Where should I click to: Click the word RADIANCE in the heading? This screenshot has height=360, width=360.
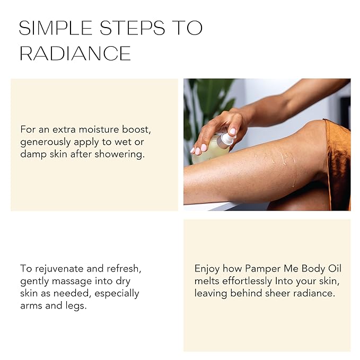click(x=75, y=54)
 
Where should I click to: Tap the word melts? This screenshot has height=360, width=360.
click(x=207, y=281)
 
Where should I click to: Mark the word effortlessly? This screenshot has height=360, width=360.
click(x=249, y=281)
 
